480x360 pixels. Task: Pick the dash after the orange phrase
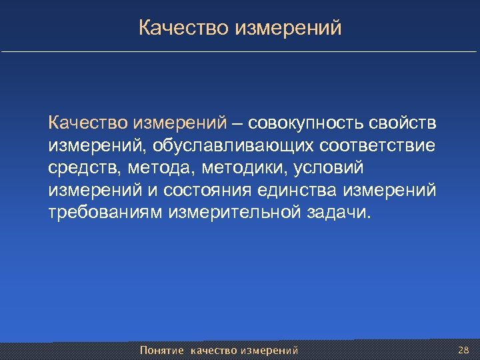[x=237, y=123]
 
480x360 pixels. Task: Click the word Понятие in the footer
[x=162, y=350]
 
